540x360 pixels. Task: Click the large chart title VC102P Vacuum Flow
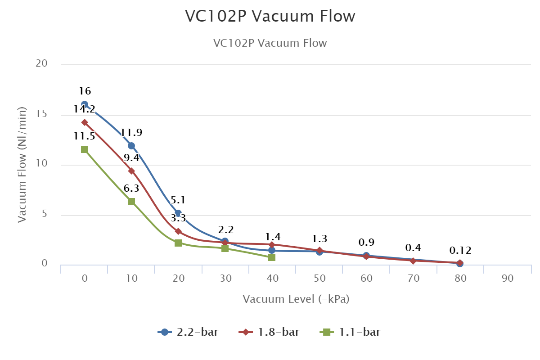point(270,17)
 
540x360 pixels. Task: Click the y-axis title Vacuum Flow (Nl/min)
point(22,164)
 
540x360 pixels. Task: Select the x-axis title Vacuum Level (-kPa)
point(296,299)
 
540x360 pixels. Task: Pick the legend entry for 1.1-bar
point(351,333)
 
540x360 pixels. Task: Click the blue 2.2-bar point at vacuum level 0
point(85,104)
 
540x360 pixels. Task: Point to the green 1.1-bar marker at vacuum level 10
point(131,202)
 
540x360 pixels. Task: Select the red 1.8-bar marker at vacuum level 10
point(131,171)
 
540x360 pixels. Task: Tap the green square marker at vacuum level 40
point(272,257)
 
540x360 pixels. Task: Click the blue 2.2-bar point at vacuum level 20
point(178,213)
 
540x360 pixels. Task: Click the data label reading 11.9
point(131,133)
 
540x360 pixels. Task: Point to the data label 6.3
point(131,189)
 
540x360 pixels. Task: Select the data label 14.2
point(85,109)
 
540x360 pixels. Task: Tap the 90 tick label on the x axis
point(507,279)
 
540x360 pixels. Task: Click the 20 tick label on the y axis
point(42,64)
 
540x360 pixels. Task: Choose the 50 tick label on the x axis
point(319,279)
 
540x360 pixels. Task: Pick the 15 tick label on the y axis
point(42,114)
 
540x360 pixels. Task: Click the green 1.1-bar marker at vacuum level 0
point(85,149)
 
